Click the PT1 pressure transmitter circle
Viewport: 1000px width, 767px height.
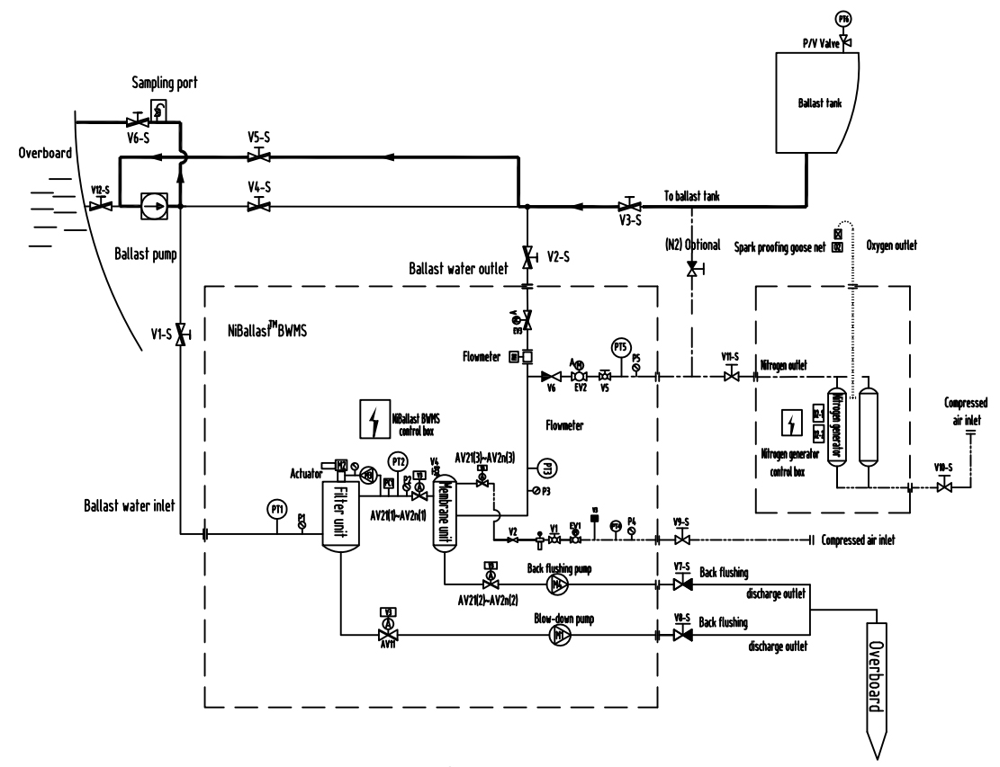tap(278, 509)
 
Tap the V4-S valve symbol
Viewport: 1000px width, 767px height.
tap(260, 206)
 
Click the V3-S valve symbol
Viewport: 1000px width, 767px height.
tap(629, 206)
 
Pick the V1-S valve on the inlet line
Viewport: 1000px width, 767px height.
tap(181, 335)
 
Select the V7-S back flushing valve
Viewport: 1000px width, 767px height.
tap(683, 584)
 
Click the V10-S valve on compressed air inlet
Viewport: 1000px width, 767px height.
tap(943, 488)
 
